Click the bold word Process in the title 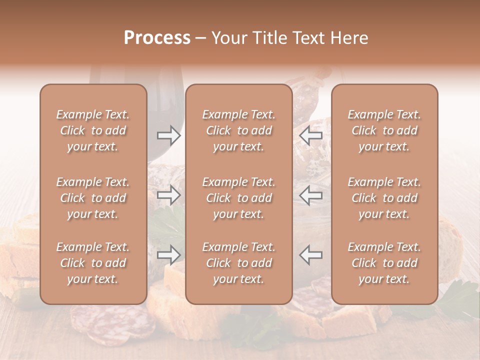157,38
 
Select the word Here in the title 349,38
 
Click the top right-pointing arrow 169,135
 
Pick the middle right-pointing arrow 169,195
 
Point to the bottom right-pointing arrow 169,255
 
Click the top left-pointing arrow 311,135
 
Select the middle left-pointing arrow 311,195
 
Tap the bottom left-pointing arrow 311,255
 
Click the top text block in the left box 93,130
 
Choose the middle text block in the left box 93,198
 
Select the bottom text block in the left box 93,263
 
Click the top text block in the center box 239,130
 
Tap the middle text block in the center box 239,198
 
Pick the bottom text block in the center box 239,263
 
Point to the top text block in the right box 384,130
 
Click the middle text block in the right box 384,198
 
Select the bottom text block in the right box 384,263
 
